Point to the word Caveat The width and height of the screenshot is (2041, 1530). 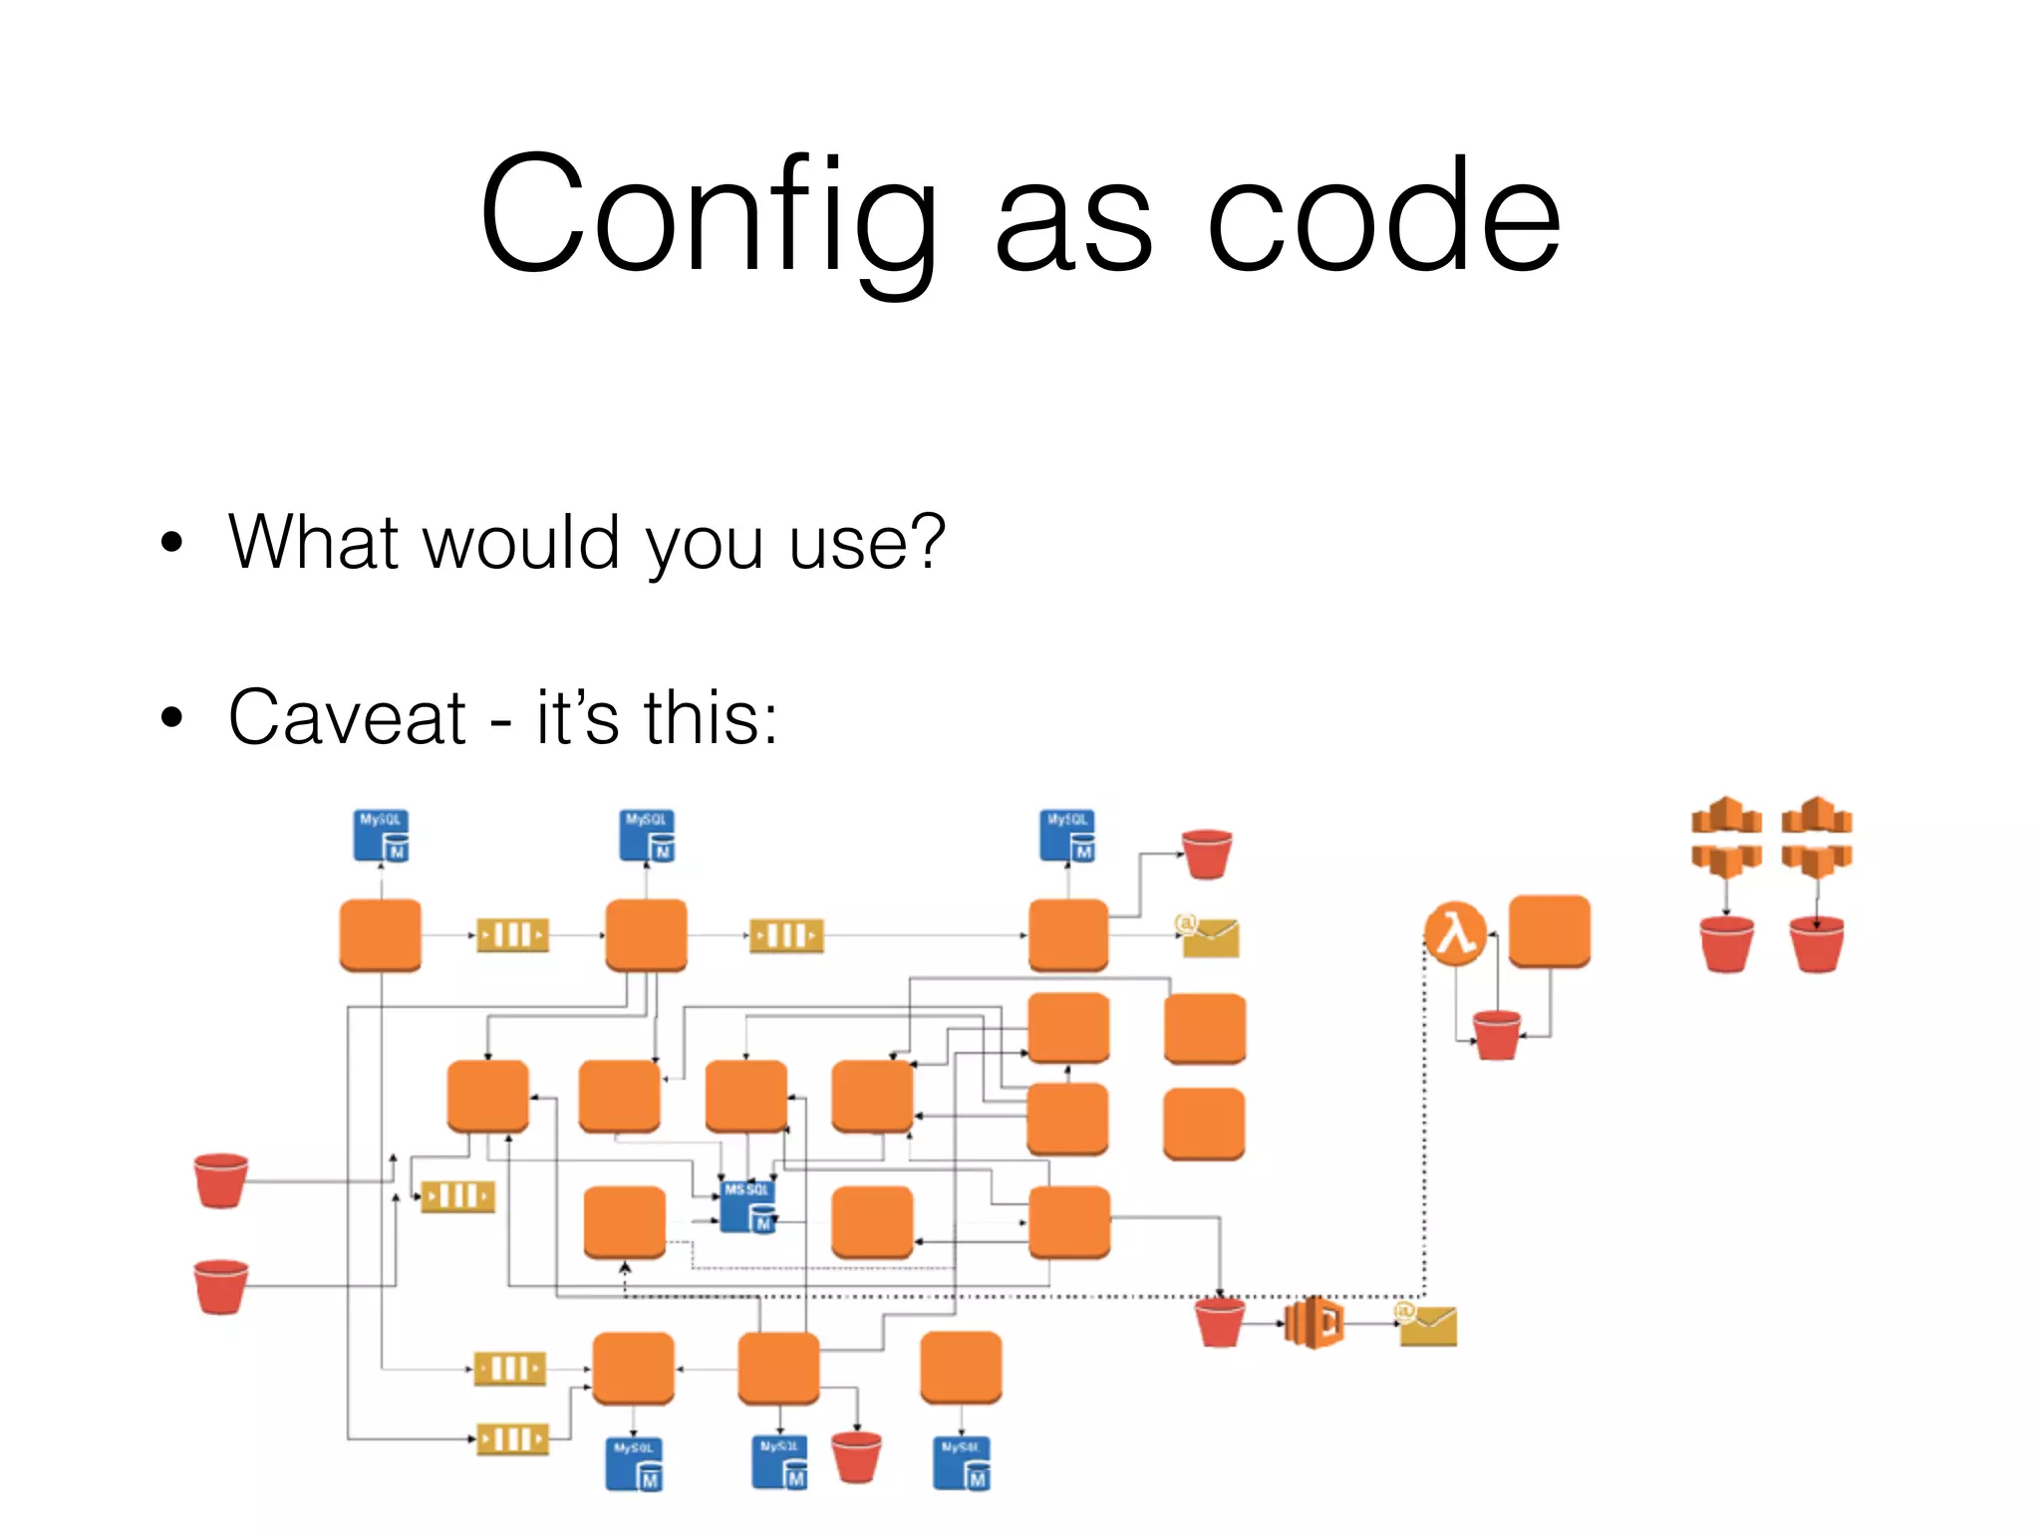347,717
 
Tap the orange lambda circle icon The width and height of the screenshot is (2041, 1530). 1455,933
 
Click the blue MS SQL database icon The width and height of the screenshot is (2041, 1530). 747,1206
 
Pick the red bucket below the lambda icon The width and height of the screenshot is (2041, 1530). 1497,1035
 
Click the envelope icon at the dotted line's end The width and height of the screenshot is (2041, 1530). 1427,1325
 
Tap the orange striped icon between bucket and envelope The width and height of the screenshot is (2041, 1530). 1313,1323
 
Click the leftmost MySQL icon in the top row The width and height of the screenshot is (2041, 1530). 381,836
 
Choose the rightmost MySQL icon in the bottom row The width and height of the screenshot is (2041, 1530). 962,1463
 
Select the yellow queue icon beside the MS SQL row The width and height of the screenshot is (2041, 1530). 457,1196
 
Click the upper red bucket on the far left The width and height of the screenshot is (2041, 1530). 221,1180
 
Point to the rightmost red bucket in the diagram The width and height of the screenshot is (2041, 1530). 1816,943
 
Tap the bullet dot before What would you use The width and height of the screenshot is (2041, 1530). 172,543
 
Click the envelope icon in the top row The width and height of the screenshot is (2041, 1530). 1209,937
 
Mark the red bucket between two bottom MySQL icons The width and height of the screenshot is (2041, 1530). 856,1457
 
